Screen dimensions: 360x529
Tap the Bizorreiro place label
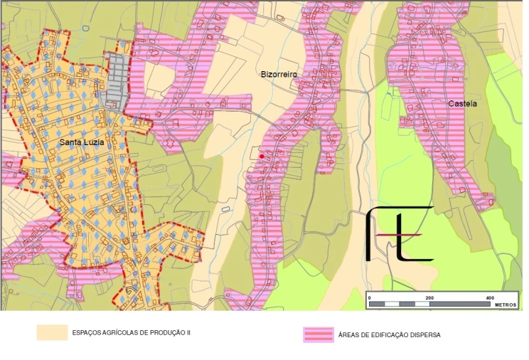pyautogui.click(x=279, y=74)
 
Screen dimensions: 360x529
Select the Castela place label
pyautogui.click(x=462, y=103)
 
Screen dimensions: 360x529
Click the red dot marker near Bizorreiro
pyautogui.click(x=262, y=156)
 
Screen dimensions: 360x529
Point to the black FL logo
pyautogui.click(x=398, y=233)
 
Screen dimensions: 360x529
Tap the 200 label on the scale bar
pyautogui.click(x=429, y=297)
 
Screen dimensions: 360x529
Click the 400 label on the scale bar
pyautogui.click(x=490, y=297)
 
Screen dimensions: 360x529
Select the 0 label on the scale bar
pyautogui.click(x=370, y=297)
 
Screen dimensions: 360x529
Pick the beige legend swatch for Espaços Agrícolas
pyautogui.click(x=52, y=332)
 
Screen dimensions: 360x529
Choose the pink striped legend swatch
pyautogui.click(x=318, y=334)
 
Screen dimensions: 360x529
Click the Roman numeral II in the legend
pyautogui.click(x=188, y=332)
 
